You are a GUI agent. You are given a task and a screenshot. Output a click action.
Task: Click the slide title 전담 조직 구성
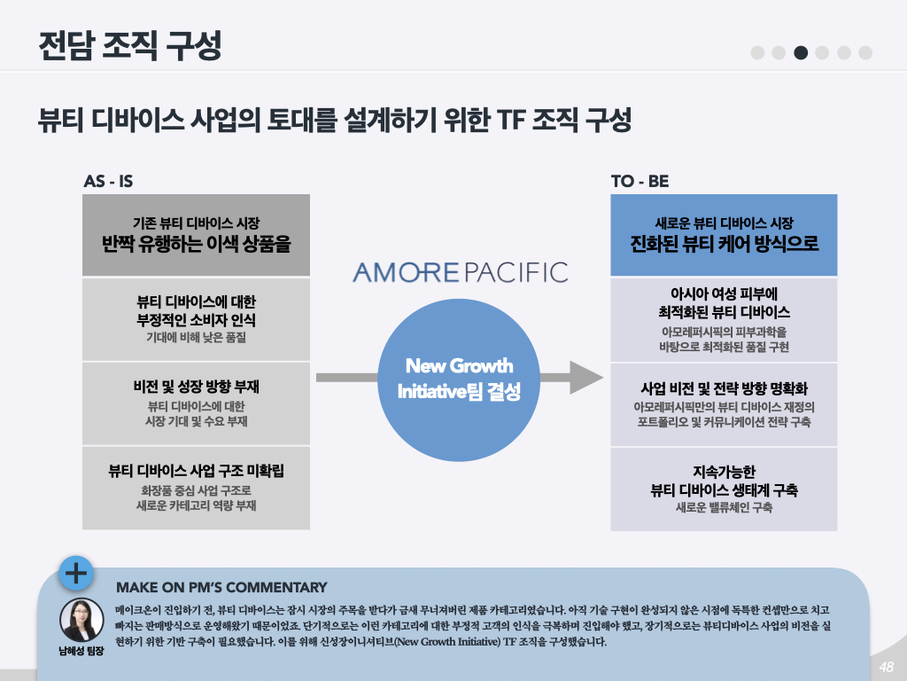130,46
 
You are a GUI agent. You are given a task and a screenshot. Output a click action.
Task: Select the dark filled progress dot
801,52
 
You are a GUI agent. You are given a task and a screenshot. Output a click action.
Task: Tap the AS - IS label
108,182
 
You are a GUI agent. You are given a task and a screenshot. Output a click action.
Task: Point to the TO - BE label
640,182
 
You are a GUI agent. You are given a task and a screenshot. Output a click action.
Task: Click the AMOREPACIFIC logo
460,271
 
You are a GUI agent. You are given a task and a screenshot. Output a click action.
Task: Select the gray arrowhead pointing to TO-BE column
585,377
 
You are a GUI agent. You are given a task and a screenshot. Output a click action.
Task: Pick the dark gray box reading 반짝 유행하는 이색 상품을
196,235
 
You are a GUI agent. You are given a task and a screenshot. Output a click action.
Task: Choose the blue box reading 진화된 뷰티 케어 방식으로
724,235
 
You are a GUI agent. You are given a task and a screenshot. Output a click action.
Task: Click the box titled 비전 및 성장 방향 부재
196,403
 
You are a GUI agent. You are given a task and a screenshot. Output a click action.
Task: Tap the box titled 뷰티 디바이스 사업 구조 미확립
196,487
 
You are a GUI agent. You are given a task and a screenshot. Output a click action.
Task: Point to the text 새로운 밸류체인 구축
724,508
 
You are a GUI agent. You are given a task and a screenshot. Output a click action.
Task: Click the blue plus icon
77,574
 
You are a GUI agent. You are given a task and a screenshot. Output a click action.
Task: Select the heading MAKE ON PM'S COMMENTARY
221,587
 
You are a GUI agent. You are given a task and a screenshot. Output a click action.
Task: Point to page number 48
886,667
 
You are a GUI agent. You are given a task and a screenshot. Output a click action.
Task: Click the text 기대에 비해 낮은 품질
196,338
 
